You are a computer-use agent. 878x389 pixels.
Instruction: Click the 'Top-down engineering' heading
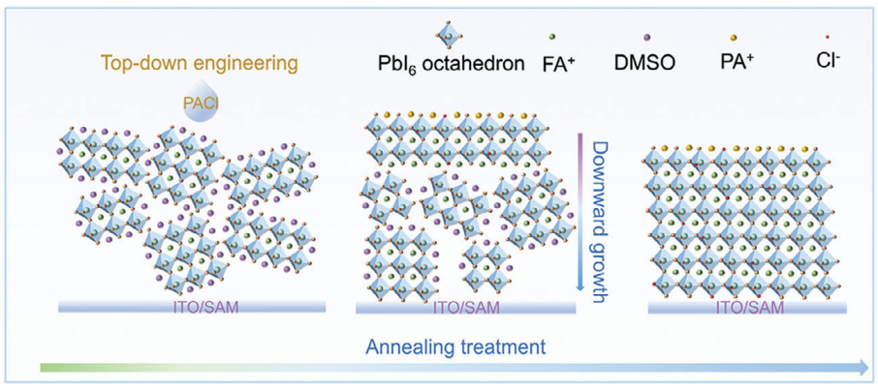click(x=199, y=65)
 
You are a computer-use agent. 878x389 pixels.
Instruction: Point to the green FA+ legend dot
click(x=551, y=35)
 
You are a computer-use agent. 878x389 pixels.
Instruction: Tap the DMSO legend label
click(x=644, y=66)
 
